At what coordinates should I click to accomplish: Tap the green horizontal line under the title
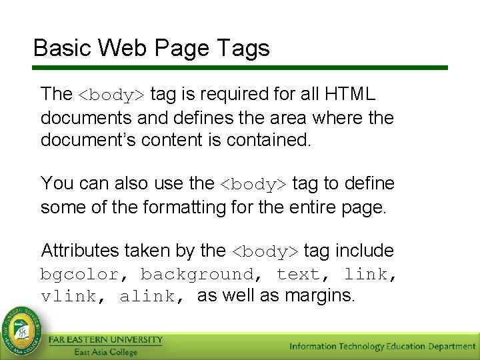(x=240, y=67)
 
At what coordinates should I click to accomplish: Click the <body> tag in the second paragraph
(x=253, y=184)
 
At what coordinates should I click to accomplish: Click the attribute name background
(x=197, y=274)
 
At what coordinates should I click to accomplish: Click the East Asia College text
(x=106, y=352)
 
